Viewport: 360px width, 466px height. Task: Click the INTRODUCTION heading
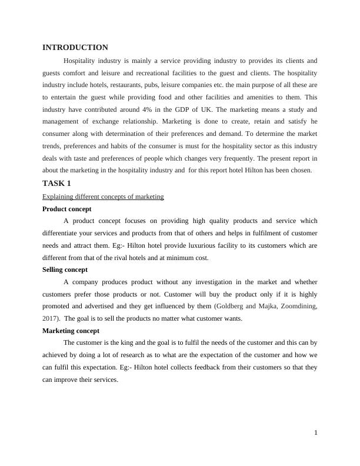(75, 48)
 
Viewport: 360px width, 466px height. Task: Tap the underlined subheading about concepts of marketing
(104, 197)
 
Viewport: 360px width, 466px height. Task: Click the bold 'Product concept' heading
(67, 209)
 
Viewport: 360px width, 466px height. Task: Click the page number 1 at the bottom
(316, 433)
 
